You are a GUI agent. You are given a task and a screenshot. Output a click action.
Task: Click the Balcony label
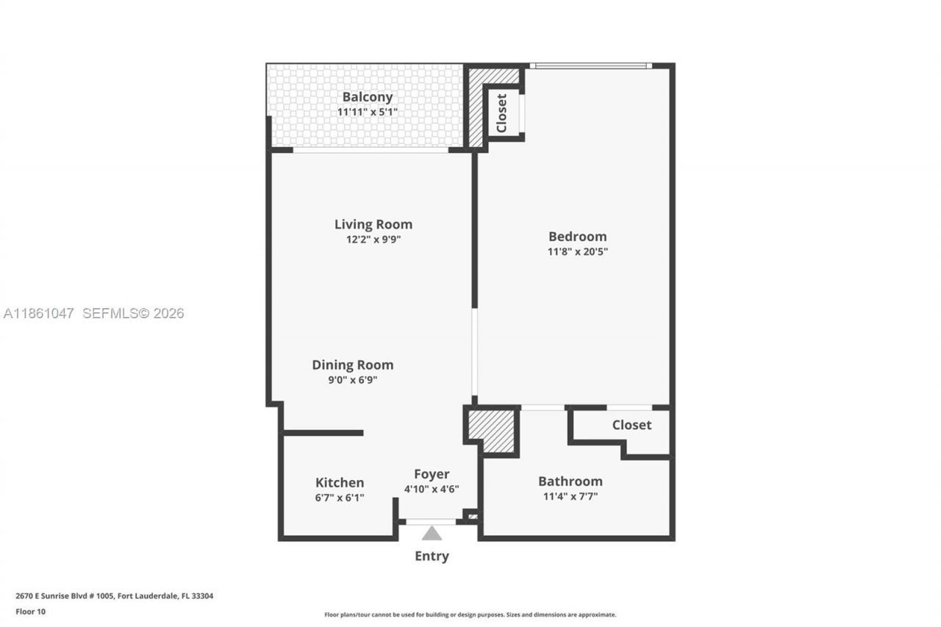click(x=367, y=97)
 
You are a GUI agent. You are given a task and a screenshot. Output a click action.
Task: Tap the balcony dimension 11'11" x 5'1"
click(x=367, y=112)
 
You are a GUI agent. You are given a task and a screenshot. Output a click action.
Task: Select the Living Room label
click(x=373, y=224)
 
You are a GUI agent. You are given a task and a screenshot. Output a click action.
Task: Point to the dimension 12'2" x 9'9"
click(x=373, y=240)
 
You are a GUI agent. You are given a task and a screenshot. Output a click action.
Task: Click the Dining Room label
click(x=352, y=365)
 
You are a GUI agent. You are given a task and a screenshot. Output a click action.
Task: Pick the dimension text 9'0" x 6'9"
click(x=352, y=380)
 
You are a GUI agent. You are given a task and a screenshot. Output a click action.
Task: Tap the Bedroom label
click(x=577, y=236)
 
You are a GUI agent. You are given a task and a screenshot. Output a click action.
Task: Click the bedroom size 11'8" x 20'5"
click(x=577, y=251)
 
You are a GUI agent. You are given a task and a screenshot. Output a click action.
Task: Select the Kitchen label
click(x=339, y=482)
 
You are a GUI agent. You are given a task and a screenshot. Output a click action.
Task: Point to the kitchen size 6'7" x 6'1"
click(x=339, y=498)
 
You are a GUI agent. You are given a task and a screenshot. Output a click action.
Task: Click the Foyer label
click(x=431, y=474)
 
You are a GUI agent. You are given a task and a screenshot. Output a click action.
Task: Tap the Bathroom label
click(x=570, y=481)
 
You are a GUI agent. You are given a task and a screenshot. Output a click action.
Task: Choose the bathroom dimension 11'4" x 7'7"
click(x=570, y=496)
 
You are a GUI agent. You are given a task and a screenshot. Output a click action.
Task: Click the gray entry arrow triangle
click(x=432, y=533)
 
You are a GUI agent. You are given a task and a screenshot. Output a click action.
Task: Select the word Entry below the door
click(x=432, y=556)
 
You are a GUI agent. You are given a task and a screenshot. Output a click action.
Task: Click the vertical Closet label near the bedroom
click(x=501, y=112)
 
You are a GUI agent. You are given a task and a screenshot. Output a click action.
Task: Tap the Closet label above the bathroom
click(x=631, y=425)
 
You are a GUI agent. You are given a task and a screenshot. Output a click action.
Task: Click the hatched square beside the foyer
click(x=492, y=430)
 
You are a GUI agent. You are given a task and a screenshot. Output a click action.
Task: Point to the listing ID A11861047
click(x=38, y=313)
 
